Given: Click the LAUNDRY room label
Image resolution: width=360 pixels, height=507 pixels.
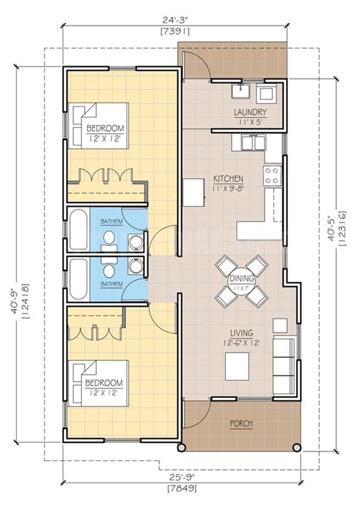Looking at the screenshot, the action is [250, 113].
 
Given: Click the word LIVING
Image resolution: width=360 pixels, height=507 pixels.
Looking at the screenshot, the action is [241, 333].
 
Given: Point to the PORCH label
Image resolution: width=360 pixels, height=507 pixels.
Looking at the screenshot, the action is [241, 423].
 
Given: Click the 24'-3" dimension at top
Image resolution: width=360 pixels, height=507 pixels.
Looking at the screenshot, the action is [175, 21].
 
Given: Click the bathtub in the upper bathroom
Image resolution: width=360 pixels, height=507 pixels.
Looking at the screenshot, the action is [79, 229].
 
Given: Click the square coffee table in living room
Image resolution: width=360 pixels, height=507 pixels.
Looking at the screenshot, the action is [237, 366].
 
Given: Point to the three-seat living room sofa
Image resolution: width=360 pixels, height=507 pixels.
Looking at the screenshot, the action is [285, 365].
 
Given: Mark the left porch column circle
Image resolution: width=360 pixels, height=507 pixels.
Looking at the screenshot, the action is [181, 447].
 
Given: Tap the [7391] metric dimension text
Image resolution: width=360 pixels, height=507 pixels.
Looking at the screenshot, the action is [175, 32].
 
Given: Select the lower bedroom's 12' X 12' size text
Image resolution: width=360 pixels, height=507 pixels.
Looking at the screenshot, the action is [103, 393].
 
